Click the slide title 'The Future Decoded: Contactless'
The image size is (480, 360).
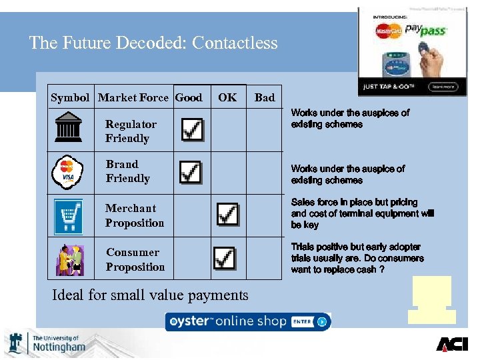153,43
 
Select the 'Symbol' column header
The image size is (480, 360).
70,97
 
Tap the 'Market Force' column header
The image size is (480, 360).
133,97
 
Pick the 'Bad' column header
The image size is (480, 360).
265,97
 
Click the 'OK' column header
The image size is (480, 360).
227,97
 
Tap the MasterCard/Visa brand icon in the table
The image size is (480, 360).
67,171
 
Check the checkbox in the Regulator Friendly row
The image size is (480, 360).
192,129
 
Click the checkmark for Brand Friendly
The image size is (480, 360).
191,172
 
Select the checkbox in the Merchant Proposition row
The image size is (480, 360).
227,213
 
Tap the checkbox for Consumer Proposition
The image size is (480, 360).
224,257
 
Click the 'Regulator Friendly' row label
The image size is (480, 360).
131,131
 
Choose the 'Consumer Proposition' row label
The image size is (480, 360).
135,259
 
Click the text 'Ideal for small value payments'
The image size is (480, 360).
150,294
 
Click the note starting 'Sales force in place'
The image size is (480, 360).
362,213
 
